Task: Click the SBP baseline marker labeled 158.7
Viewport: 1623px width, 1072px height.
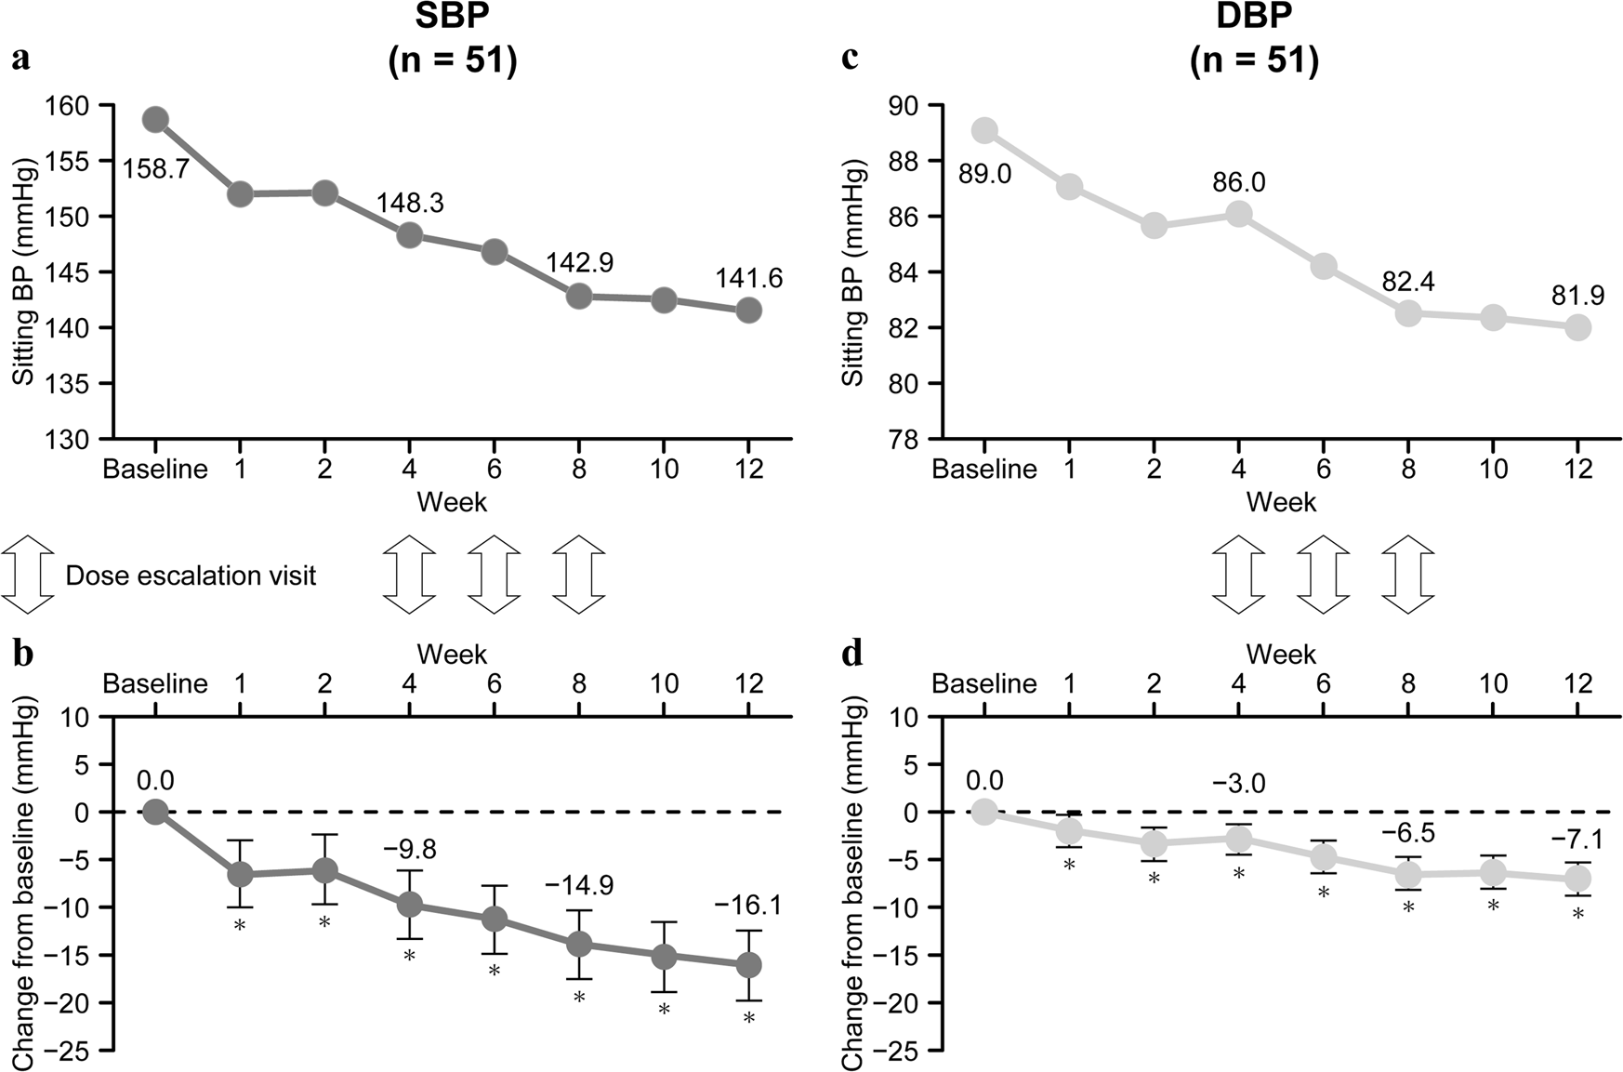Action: [155, 120]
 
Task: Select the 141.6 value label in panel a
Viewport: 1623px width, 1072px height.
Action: [748, 278]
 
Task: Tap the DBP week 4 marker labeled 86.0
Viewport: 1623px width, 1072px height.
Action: [1238, 215]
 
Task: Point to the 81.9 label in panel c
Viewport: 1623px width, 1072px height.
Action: [1577, 296]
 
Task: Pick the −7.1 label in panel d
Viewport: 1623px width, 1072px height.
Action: [1577, 841]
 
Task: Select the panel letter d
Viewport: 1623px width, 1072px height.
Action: [851, 655]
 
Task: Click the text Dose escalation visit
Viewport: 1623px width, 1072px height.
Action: [191, 576]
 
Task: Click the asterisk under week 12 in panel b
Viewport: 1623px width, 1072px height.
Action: [749, 1019]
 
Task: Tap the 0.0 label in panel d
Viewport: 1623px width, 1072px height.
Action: [984, 780]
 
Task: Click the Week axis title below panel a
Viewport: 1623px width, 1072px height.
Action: [452, 502]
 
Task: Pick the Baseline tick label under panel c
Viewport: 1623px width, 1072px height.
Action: [984, 469]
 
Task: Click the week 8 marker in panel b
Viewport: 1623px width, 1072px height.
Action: [579, 945]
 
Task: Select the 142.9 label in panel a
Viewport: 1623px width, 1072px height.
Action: [579, 263]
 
